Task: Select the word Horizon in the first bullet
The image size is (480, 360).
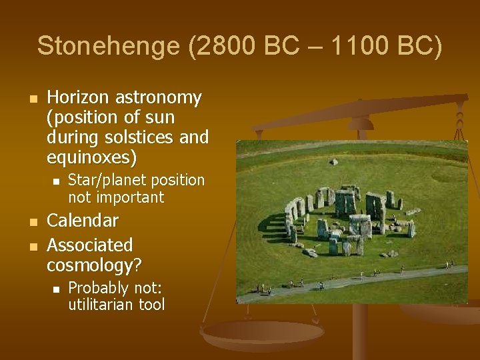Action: pos(79,98)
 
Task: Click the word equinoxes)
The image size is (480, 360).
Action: pos(92,157)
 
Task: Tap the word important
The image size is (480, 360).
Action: pos(131,197)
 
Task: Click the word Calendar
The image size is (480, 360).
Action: pos(83,220)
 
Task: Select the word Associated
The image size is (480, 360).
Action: pos(90,245)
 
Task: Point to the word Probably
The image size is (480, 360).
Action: pos(97,288)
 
